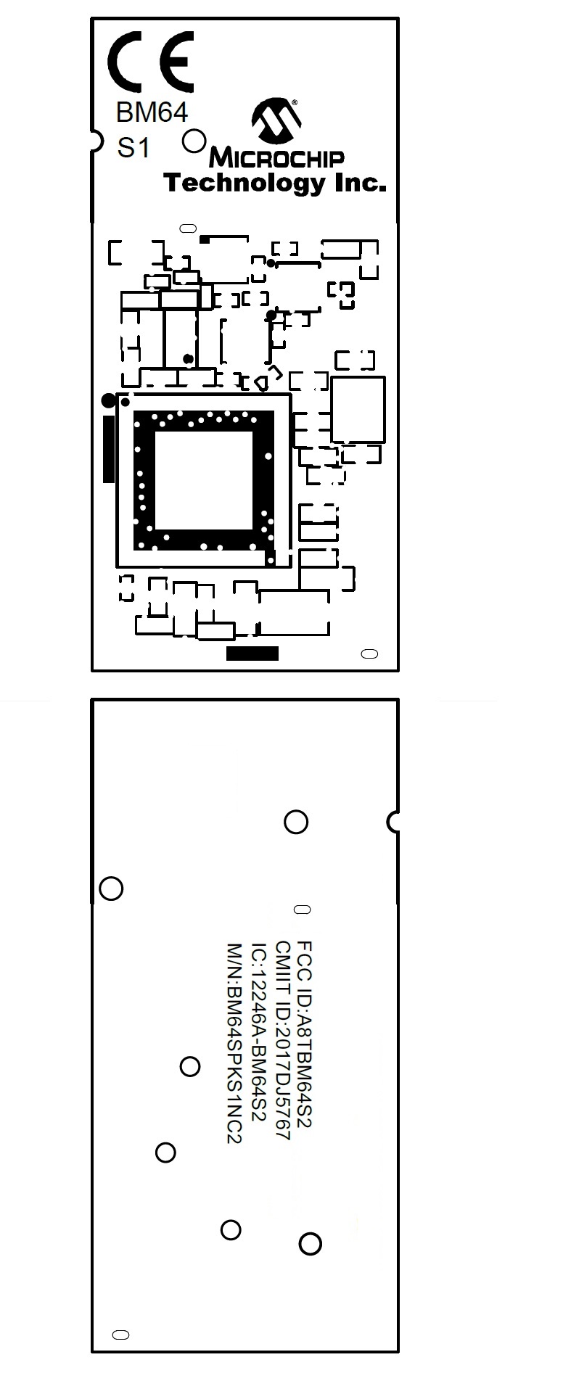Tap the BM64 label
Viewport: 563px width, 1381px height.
[x=152, y=112]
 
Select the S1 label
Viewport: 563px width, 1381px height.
[x=133, y=148]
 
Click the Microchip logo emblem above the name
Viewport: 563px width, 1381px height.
[x=276, y=120]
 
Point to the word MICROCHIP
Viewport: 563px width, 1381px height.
[x=276, y=157]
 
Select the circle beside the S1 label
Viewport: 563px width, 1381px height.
[x=194, y=141]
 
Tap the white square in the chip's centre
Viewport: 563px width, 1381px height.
[x=203, y=480]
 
